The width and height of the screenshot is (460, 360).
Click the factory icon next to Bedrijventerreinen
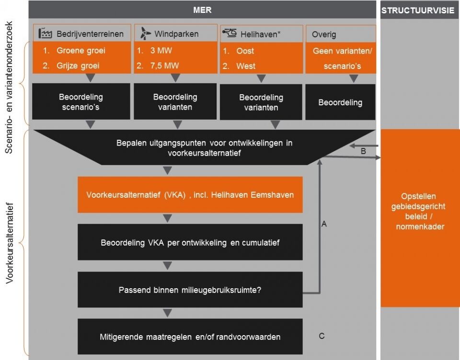click(x=45, y=34)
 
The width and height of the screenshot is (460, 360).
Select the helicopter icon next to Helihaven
click(x=230, y=33)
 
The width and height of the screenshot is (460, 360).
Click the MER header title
click(x=202, y=10)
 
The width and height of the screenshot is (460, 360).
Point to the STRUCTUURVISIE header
click(x=418, y=11)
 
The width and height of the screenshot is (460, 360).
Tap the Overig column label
click(x=324, y=34)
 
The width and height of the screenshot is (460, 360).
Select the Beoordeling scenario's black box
click(x=81, y=101)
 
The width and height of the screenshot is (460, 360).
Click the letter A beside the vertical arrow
click(x=324, y=224)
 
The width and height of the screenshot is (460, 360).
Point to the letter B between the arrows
click(x=363, y=151)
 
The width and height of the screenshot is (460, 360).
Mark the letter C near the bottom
click(x=322, y=336)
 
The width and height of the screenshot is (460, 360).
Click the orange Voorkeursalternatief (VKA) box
click(x=190, y=195)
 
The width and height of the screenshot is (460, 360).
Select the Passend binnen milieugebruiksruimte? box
click(x=190, y=290)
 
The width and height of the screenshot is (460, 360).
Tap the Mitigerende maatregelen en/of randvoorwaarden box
click(x=190, y=337)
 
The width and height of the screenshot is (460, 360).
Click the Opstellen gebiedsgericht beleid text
click(x=418, y=212)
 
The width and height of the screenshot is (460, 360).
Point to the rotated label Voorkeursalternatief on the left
click(x=10, y=243)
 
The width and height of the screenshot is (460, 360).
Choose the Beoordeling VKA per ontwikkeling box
click(x=190, y=242)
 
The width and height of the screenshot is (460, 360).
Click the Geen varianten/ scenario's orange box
click(x=341, y=58)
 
